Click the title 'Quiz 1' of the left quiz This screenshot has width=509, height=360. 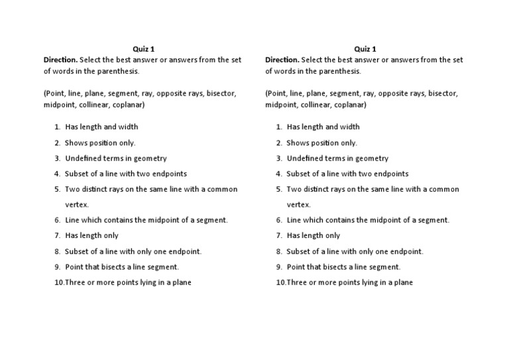click(x=144, y=48)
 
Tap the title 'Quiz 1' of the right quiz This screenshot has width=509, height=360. click(x=365, y=48)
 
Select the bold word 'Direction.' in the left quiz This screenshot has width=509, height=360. click(x=62, y=60)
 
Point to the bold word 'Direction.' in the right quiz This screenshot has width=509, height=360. click(x=283, y=60)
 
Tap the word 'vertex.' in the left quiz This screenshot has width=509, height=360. click(x=77, y=205)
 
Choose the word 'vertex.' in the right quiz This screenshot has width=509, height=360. click(x=298, y=205)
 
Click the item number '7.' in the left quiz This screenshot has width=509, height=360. click(x=58, y=235)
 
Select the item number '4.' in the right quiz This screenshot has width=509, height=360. click(x=279, y=174)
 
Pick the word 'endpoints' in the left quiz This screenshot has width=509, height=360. click(x=170, y=174)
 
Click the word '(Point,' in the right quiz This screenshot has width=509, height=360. click(x=276, y=93)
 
